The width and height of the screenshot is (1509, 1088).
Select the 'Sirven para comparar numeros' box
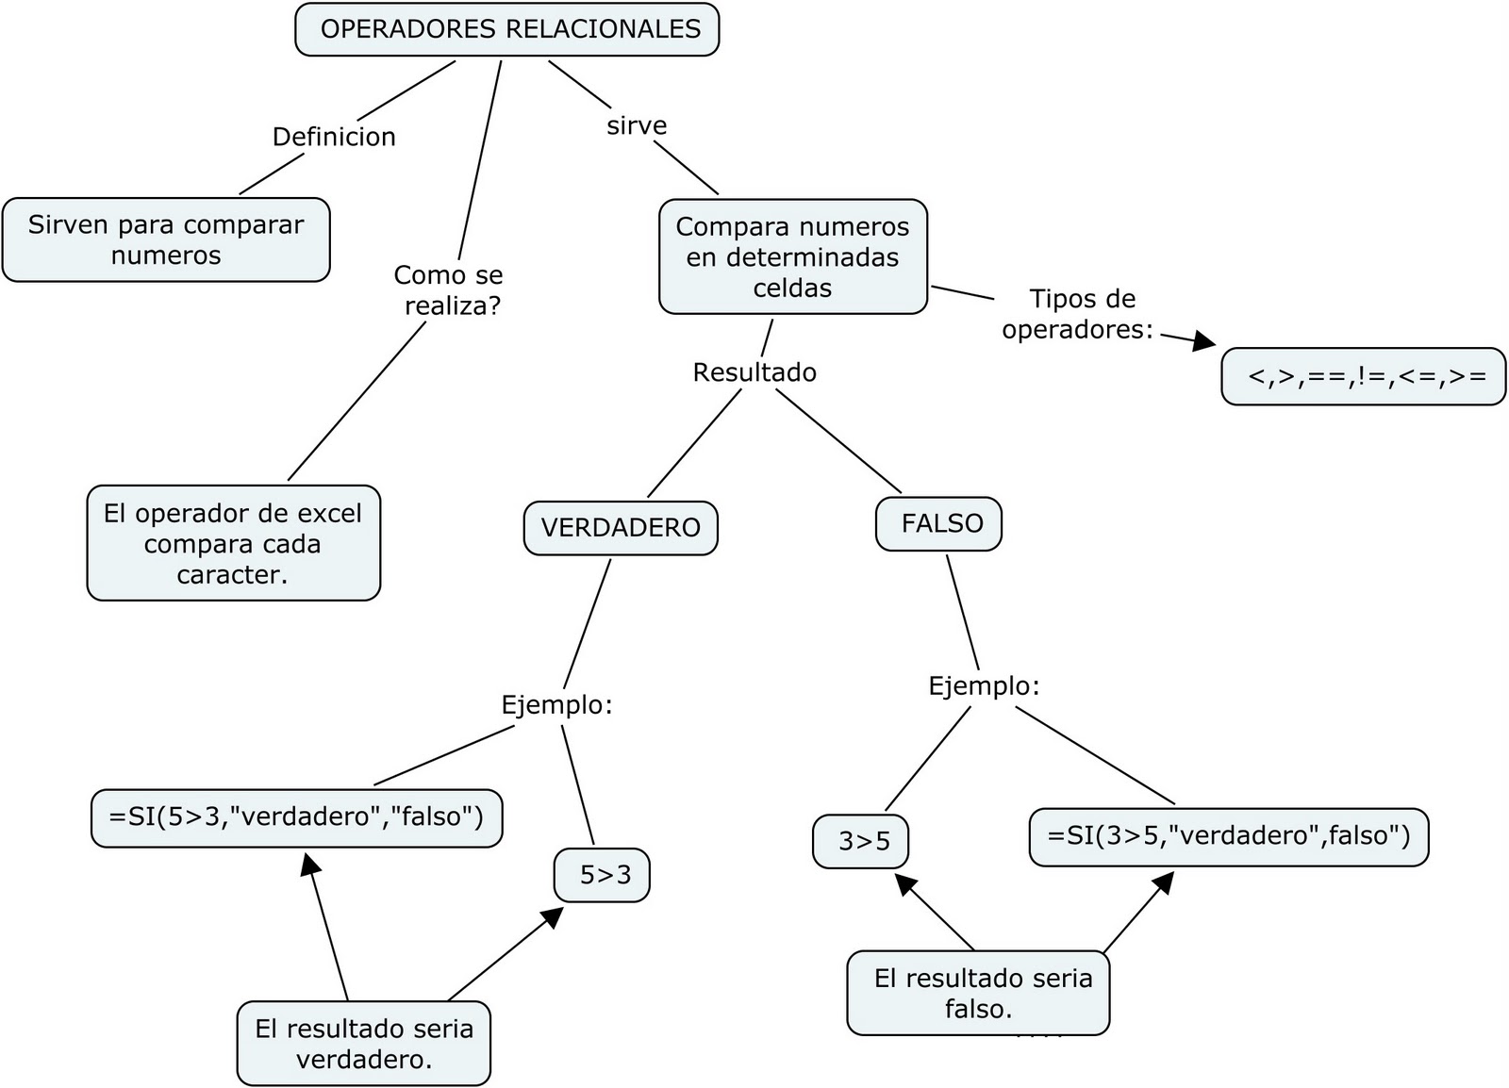pyautogui.click(x=166, y=239)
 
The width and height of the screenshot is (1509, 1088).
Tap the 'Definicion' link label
pyautogui.click(x=334, y=138)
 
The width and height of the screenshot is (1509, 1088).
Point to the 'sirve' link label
pyautogui.click(x=637, y=126)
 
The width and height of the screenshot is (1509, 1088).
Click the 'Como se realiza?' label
pyautogui.click(x=449, y=290)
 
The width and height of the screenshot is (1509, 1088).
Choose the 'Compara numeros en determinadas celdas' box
pyautogui.click(x=792, y=256)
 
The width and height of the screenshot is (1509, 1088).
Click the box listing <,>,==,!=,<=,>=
pyautogui.click(x=1364, y=376)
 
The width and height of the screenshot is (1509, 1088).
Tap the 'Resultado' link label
pyautogui.click(x=754, y=372)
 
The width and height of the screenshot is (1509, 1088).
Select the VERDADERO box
pyautogui.click(x=621, y=528)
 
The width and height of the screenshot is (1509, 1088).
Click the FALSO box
pyautogui.click(x=939, y=524)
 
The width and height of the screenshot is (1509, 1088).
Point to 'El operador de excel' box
pyautogui.click(x=233, y=543)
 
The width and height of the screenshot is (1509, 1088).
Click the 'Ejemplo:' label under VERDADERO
pyautogui.click(x=556, y=705)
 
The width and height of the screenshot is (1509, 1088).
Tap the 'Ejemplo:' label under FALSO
pyautogui.click(x=984, y=686)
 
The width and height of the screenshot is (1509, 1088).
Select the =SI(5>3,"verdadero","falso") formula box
pyautogui.click(x=296, y=817)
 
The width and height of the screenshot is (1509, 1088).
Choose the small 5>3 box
pyautogui.click(x=603, y=876)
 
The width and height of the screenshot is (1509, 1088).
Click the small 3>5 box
pyautogui.click(x=861, y=841)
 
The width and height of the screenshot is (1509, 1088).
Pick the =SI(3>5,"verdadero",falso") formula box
pyautogui.click(x=1228, y=836)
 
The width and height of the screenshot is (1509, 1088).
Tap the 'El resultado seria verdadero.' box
pyautogui.click(x=363, y=1044)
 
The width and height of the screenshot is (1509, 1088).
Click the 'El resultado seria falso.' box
pyautogui.click(x=979, y=994)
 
